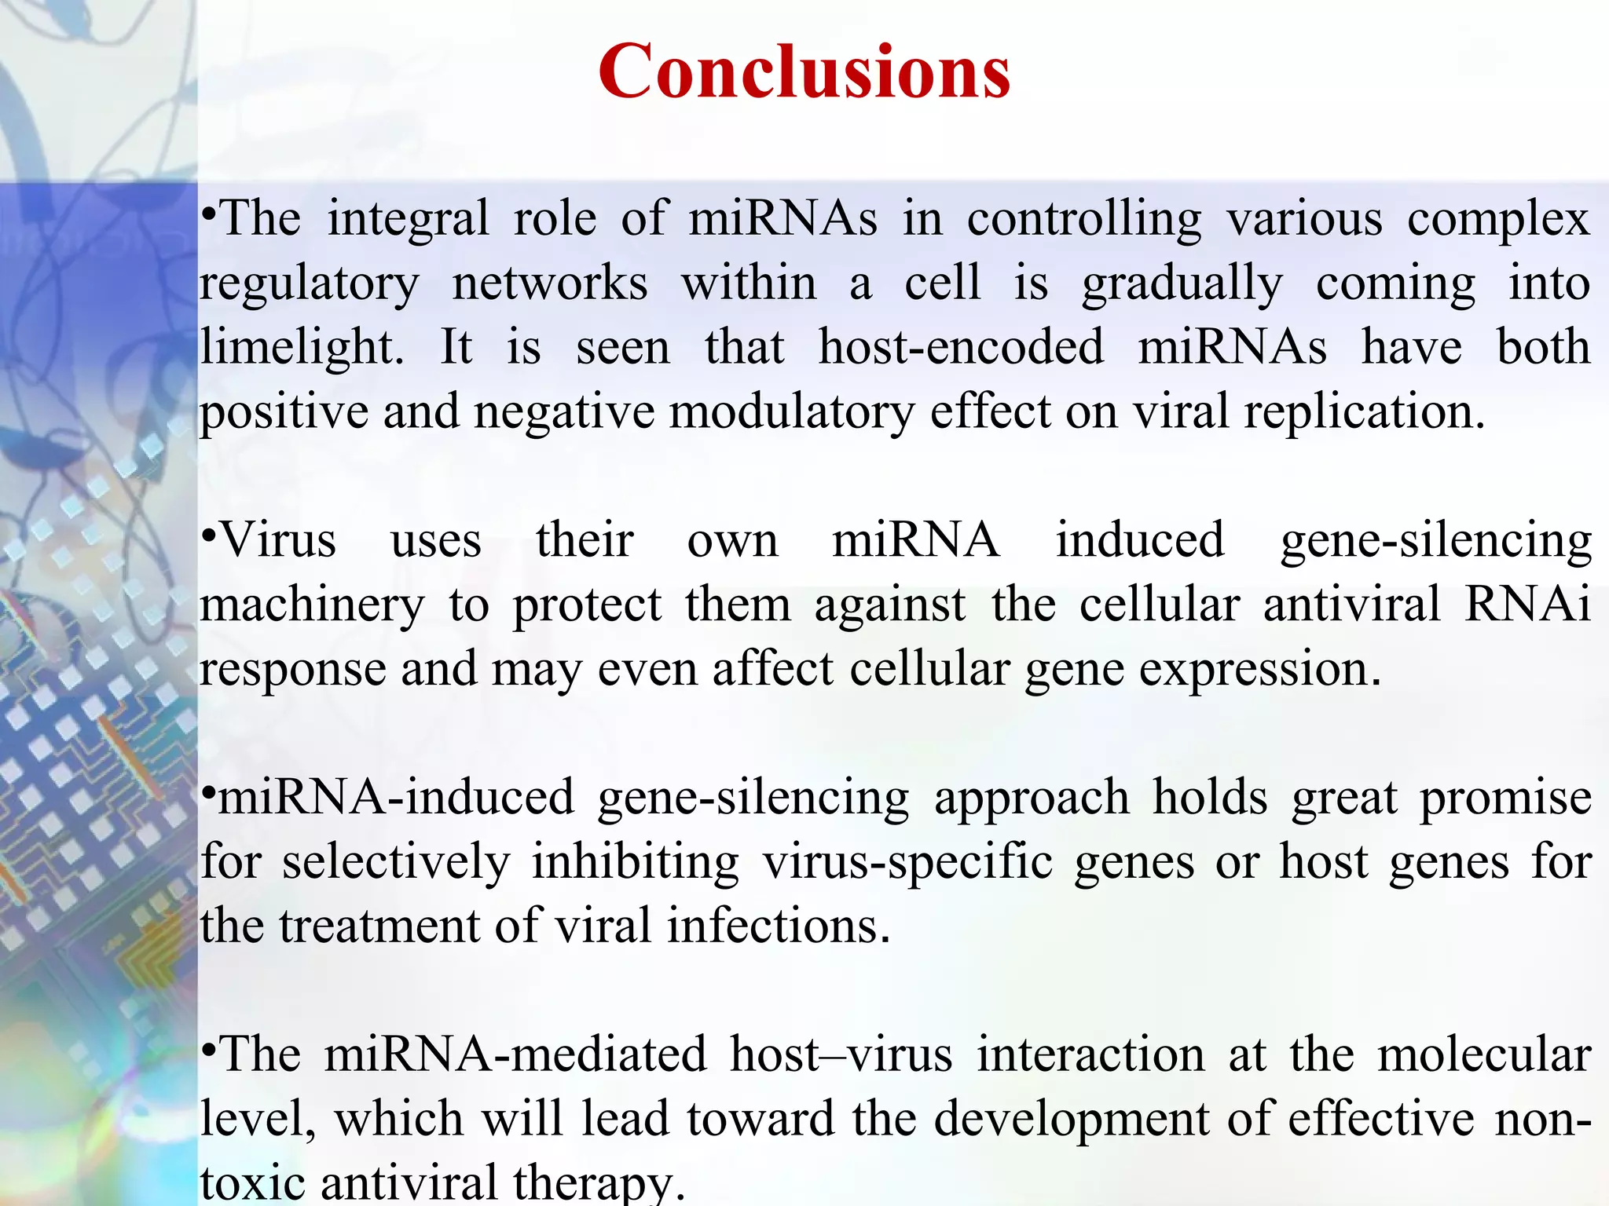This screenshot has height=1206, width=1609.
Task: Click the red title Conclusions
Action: point(804,72)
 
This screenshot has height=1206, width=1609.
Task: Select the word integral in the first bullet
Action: point(408,218)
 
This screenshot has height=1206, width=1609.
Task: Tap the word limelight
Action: point(301,348)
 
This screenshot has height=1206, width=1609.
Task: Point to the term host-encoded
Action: point(961,346)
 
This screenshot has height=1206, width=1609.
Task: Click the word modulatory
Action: point(792,412)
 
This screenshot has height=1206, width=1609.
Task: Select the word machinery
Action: point(312,605)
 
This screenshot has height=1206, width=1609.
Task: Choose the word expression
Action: point(1259,670)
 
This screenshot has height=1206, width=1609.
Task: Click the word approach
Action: point(1031,799)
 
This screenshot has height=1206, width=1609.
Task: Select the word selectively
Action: point(396,862)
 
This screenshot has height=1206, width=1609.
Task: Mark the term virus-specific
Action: point(907,862)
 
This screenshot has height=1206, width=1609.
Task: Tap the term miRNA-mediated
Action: point(515,1054)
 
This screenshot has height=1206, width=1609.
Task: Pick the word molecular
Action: point(1484,1054)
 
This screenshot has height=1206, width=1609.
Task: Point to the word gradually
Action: point(1182,283)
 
